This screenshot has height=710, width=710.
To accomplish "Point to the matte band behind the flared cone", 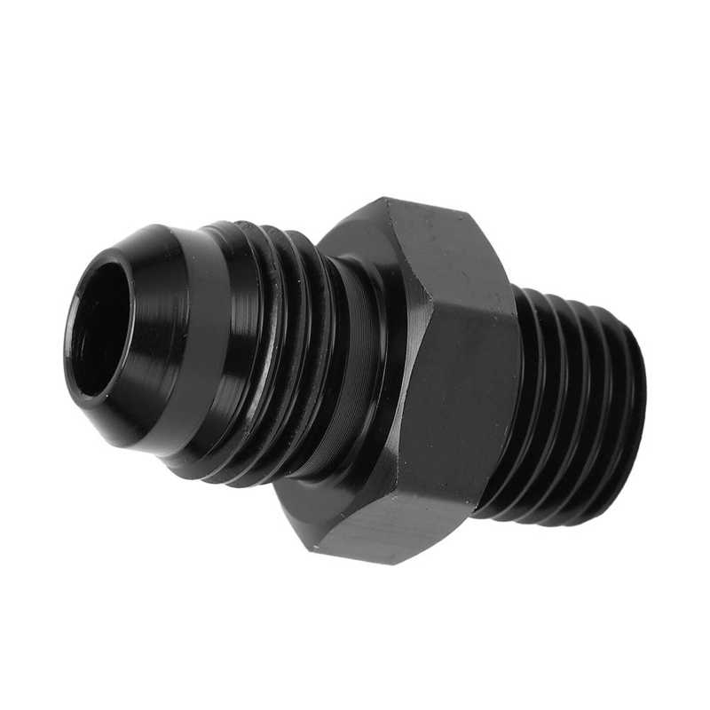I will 200,346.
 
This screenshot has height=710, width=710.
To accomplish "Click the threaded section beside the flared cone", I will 266,355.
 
